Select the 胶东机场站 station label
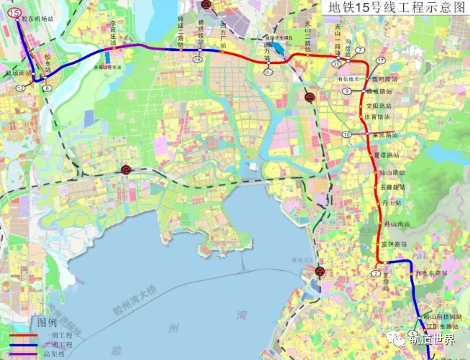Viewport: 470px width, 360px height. [x=37, y=19]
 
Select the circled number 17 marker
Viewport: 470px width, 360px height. [x=381, y=60]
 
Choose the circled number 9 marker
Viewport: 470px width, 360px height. [x=346, y=91]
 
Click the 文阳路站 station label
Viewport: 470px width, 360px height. [x=379, y=106]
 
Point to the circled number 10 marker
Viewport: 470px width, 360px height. [x=346, y=134]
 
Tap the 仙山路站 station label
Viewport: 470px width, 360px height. [x=392, y=173]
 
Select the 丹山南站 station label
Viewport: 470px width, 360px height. [x=396, y=225]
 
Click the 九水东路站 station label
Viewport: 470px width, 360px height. [x=431, y=273]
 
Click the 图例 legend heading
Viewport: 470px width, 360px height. [x=47, y=323]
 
